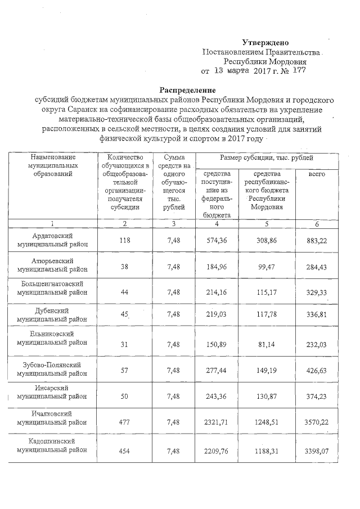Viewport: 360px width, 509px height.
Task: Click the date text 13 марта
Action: coord(231,71)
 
